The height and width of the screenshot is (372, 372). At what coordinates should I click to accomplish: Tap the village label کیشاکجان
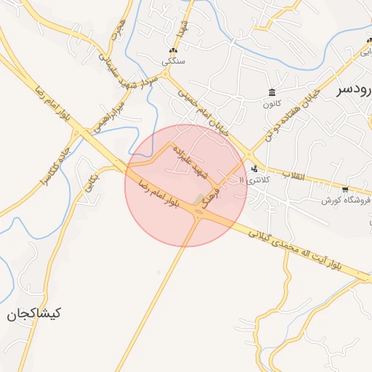pos(34,314)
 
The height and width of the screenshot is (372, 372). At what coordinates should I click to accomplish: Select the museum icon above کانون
pos(272,92)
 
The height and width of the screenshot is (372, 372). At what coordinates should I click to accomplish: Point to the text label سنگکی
pos(173,62)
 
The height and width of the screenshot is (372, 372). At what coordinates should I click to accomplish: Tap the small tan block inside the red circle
pos(199,198)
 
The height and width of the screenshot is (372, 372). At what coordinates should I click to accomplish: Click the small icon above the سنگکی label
pos(173,51)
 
